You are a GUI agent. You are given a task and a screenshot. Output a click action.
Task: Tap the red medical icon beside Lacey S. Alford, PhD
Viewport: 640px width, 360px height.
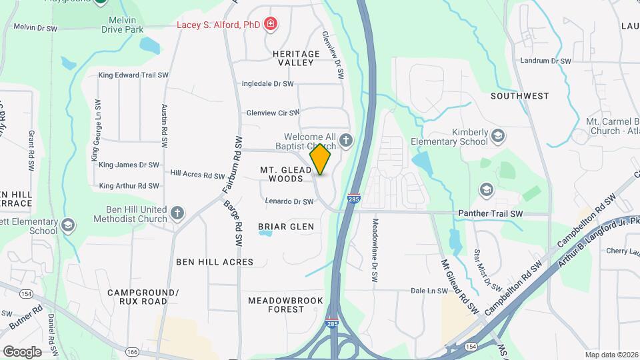(270, 25)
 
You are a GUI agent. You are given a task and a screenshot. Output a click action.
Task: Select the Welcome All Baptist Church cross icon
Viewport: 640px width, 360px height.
(345, 140)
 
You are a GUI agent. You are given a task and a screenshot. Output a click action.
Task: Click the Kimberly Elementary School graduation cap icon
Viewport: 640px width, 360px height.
(497, 137)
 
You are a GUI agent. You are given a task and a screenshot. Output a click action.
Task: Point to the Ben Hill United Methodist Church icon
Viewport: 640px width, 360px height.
(177, 213)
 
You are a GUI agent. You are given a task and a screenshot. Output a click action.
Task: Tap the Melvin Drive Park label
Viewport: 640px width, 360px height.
(123, 24)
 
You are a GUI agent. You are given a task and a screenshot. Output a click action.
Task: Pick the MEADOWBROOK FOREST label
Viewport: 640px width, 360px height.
(285, 305)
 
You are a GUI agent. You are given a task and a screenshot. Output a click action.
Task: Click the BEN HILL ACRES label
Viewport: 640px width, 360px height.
(215, 262)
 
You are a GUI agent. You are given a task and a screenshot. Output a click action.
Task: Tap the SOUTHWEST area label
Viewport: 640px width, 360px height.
(519, 96)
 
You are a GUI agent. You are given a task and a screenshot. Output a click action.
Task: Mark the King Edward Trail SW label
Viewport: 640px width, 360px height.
(133, 75)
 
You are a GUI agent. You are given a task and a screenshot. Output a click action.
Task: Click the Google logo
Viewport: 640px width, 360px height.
(22, 351)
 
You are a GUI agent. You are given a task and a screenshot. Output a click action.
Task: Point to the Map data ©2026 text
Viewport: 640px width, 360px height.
(610, 355)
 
